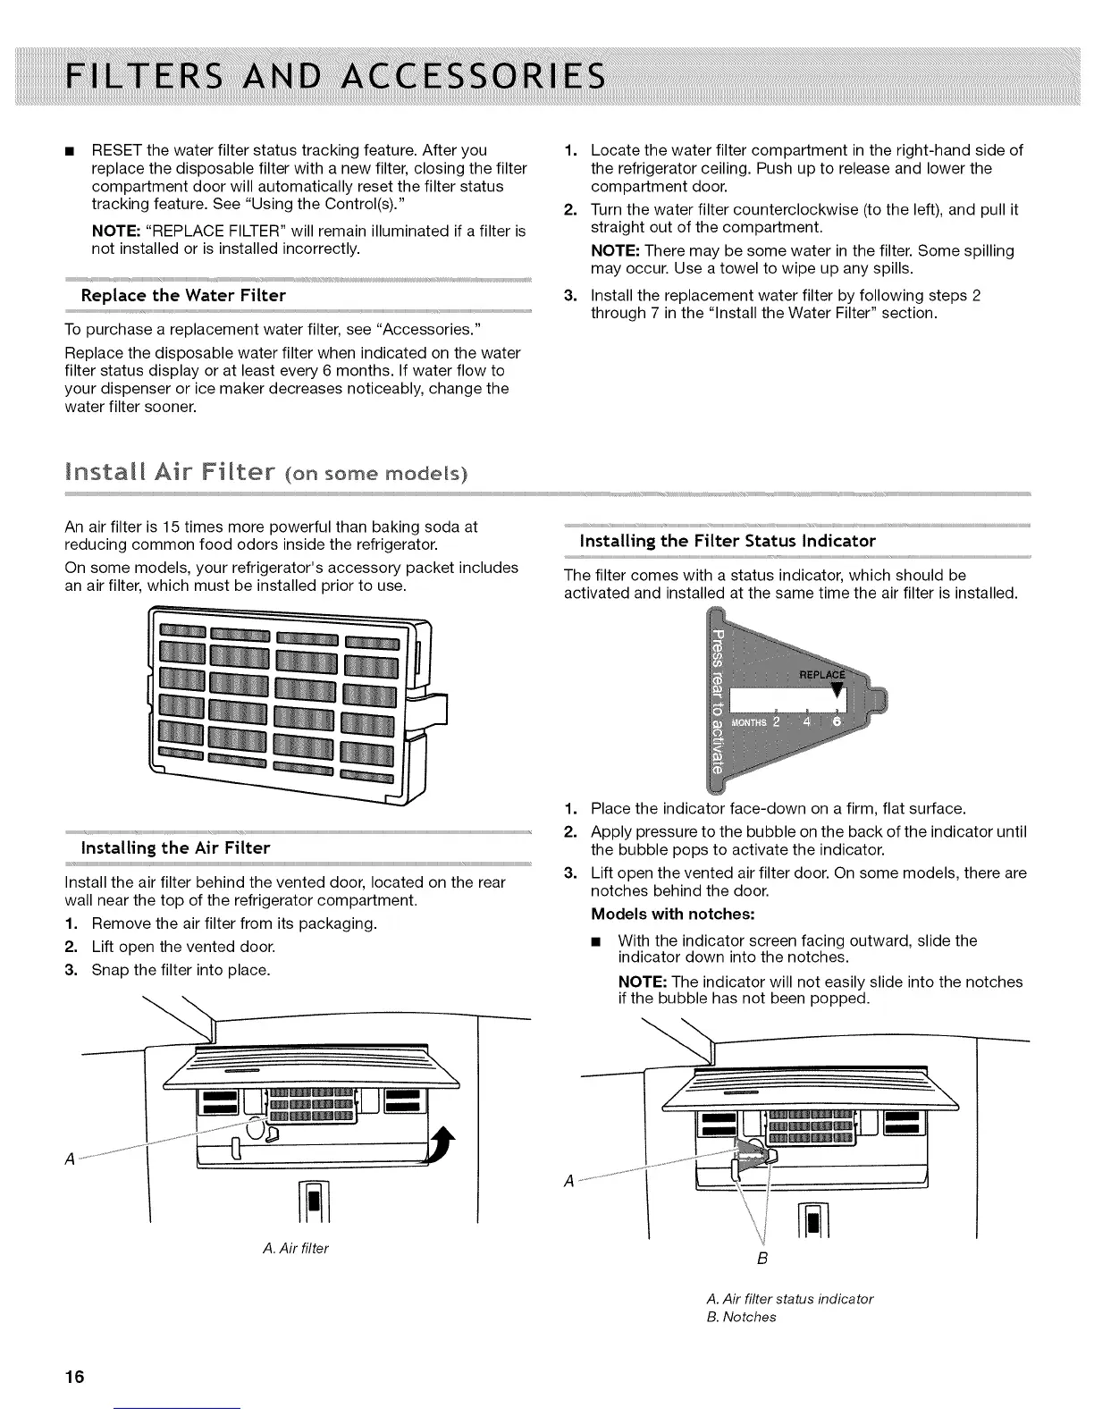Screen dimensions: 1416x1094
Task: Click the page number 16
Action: (73, 1377)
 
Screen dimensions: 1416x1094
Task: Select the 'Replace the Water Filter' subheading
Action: (183, 295)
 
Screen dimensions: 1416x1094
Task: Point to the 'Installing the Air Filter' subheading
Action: (175, 847)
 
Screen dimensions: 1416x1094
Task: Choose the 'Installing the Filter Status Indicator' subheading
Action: (728, 541)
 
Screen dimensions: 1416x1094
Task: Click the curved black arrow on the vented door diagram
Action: (441, 1147)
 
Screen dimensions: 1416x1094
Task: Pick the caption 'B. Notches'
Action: (741, 1317)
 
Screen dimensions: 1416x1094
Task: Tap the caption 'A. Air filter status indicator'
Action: (789, 1298)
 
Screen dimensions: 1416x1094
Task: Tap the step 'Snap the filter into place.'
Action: (181, 970)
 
